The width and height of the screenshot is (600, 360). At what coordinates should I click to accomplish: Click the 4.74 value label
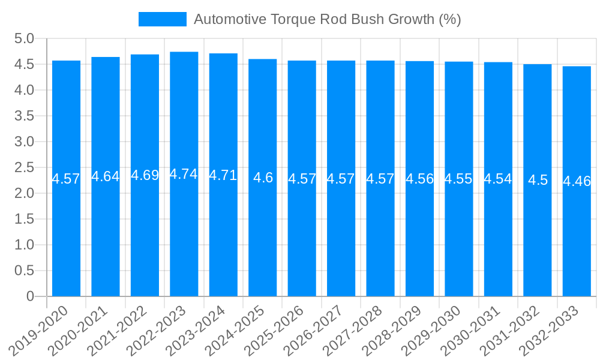coord(184,174)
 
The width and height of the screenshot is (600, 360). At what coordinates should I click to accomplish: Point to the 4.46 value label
coord(577,181)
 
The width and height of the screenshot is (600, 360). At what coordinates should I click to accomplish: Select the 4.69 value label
coord(145,175)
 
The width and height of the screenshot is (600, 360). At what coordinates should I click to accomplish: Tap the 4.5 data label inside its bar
coord(538,180)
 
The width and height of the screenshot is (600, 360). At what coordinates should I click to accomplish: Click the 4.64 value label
coord(105,176)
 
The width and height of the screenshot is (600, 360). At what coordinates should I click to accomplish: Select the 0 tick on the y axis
coord(31,296)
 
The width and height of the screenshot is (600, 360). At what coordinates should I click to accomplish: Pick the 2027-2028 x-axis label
coord(354,330)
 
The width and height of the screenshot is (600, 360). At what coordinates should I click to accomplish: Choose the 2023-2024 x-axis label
coord(197,330)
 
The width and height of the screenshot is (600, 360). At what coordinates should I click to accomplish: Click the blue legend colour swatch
coord(162,19)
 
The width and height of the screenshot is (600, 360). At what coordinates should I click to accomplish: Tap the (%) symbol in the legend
coord(449,19)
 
